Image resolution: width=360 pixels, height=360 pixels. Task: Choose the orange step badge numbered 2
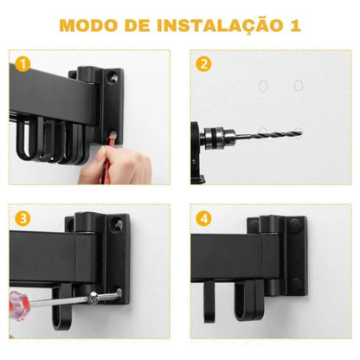coord(204,64)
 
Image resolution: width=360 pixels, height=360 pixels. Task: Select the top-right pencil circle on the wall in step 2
coord(299,85)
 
